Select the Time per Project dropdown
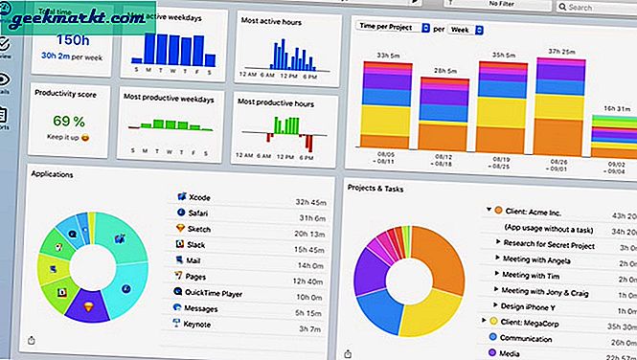click(x=393, y=29)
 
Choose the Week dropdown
click(x=466, y=29)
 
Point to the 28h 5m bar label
click(x=447, y=69)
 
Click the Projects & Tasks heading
click(x=377, y=188)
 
